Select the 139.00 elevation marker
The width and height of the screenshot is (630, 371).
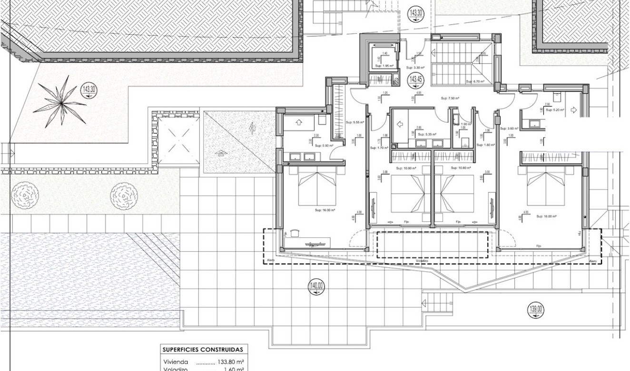(535, 310)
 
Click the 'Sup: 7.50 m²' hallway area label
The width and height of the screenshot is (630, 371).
(450, 98)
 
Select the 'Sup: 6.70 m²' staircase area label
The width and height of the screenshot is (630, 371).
(475, 81)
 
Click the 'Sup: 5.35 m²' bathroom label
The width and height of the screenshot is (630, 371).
(423, 135)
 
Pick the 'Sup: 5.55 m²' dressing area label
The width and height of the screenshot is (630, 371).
(355, 122)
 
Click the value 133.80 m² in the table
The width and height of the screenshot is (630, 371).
(231, 361)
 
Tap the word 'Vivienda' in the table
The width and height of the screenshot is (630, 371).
(176, 361)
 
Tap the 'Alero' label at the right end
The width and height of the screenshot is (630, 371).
(593, 261)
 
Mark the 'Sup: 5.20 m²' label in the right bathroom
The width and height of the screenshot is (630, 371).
(555, 110)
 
